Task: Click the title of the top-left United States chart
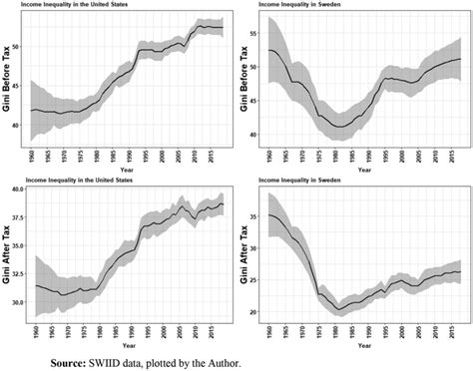pyautogui.click(x=62, y=5)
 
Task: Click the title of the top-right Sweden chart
pyautogui.click(x=289, y=5)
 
